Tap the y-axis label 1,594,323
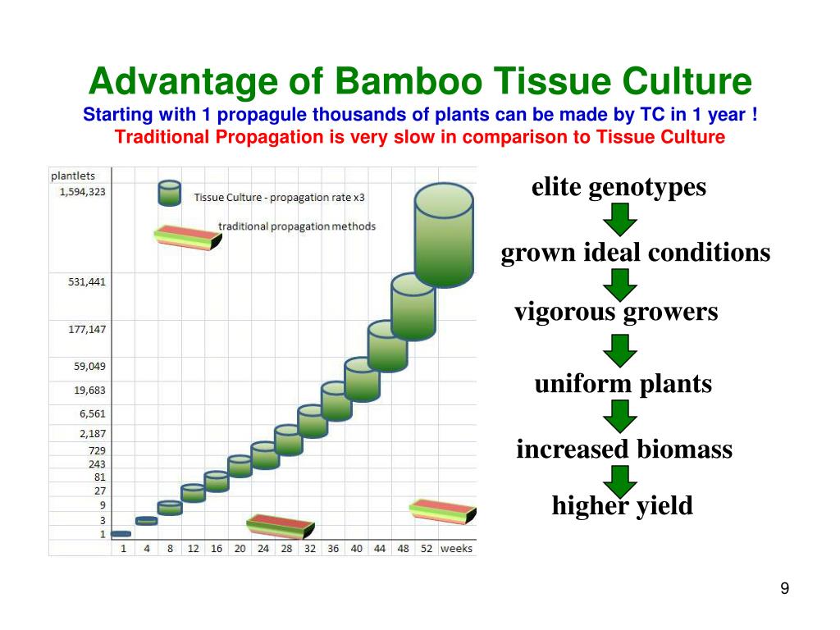pos(81,191)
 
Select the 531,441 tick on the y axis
pos(86,281)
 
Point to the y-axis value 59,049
pos(89,366)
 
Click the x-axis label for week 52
pos(426,548)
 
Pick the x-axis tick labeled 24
pos(262,548)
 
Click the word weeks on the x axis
pos(457,548)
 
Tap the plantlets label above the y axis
pos(73,175)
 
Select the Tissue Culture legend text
pos(278,198)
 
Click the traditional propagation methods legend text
pos(297,226)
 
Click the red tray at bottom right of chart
pos(443,511)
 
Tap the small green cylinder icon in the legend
pos(169,194)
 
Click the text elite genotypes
pos(619,188)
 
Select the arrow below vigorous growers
pos(619,350)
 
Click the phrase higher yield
pos(622,505)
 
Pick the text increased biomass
pos(623,450)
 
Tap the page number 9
pos(785,588)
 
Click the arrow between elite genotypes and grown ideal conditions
pos(619,219)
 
